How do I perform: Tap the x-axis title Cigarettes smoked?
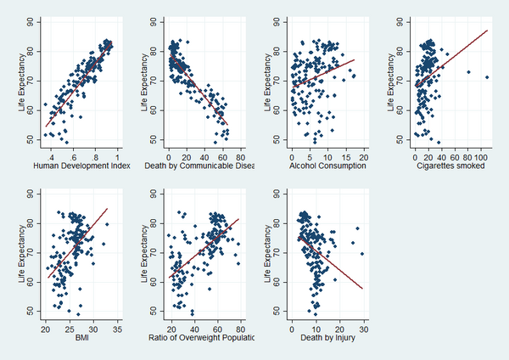click(x=451, y=167)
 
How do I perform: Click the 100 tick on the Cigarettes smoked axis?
click(x=483, y=157)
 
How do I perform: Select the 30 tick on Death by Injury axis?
click(x=364, y=329)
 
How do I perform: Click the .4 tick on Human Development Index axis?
click(x=52, y=157)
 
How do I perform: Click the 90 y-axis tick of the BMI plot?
click(x=32, y=193)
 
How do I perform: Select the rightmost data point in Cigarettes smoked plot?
click(x=487, y=77)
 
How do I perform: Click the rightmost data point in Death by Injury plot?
click(x=363, y=253)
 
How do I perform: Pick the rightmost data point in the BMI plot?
click(x=107, y=224)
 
